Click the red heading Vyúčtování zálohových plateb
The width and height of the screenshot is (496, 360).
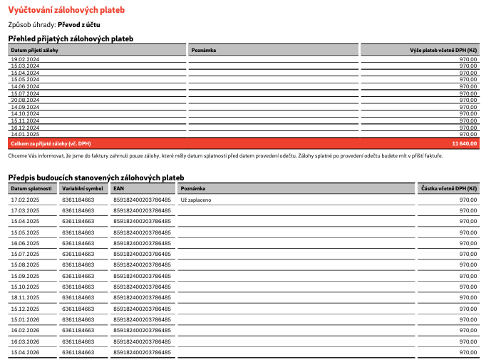tap(66, 9)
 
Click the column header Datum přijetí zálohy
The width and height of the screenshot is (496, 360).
tap(36, 50)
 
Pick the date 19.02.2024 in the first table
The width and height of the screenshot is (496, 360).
tap(25, 59)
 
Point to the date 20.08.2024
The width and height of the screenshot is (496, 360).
tap(25, 100)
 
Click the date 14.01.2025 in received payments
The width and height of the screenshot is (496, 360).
tap(25, 134)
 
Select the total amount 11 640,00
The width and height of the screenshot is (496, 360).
tap(464, 143)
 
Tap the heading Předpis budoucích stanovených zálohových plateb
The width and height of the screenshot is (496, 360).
tap(96, 177)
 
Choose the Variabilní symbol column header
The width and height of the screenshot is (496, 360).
tap(83, 188)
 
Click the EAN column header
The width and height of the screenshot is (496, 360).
tap(119, 188)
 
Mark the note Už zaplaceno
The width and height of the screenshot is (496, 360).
tap(197, 200)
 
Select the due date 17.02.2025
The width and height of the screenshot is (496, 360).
tap(25, 200)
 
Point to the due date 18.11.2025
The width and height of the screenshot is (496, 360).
tap(25, 297)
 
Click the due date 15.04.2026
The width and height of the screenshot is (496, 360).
tap(25, 352)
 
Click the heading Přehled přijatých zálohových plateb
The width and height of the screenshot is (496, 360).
tap(71, 38)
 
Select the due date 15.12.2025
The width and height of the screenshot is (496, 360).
tap(25, 309)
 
